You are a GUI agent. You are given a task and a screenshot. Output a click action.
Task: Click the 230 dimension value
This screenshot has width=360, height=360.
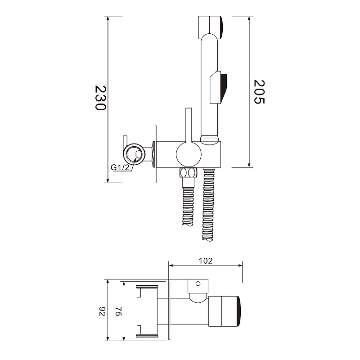pyautogui.click(x=100, y=98)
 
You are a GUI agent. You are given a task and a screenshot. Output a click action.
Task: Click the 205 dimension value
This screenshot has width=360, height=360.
pyautogui.click(x=259, y=92)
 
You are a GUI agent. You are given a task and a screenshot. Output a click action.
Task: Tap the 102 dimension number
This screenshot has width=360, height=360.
pyautogui.click(x=206, y=261)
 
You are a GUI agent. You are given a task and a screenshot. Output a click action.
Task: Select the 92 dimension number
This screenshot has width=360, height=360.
pyautogui.click(x=102, y=311)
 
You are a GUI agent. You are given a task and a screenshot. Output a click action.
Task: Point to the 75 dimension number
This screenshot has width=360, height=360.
pyautogui.click(x=118, y=311)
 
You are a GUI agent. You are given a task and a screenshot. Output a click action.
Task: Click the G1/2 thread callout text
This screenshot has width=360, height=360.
pyautogui.click(x=120, y=167)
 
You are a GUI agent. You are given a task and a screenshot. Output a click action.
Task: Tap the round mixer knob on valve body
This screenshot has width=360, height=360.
pyautogui.click(x=189, y=154)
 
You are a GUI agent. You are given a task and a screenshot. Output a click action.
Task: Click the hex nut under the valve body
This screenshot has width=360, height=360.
pyautogui.click(x=188, y=172)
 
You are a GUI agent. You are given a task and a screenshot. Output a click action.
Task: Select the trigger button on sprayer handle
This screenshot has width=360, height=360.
pyautogui.click(x=219, y=87)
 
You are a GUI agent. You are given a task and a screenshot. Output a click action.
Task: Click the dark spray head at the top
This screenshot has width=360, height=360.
pyautogui.click(x=221, y=27)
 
